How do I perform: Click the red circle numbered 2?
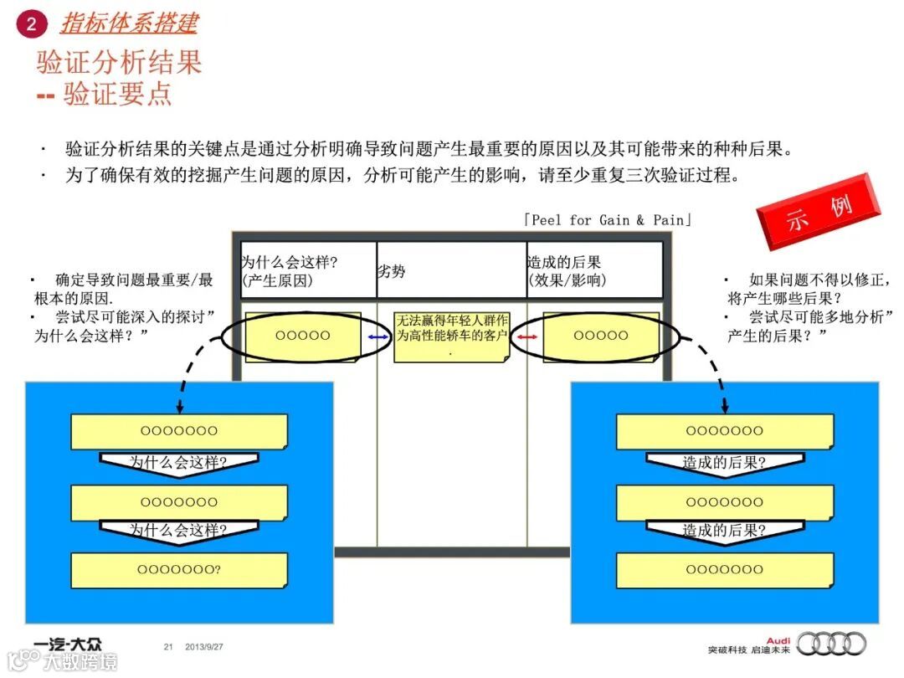tap(31, 24)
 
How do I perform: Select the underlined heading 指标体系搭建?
tap(128, 23)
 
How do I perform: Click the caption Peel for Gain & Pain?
tap(608, 220)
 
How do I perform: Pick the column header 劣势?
tap(392, 270)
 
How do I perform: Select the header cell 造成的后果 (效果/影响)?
tap(567, 271)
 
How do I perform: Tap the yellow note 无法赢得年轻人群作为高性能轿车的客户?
tap(451, 336)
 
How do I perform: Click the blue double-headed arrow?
tap(378, 336)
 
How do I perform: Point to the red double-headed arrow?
tap(527, 336)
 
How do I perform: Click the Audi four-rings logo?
tap(831, 643)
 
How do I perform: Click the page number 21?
tap(168, 646)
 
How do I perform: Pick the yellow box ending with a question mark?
tap(179, 570)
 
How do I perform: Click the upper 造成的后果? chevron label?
tap(724, 462)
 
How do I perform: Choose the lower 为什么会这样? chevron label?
tap(178, 531)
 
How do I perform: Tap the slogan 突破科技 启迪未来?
tap(749, 650)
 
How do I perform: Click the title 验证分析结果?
tap(119, 63)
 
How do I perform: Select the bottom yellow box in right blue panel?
tap(724, 570)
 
